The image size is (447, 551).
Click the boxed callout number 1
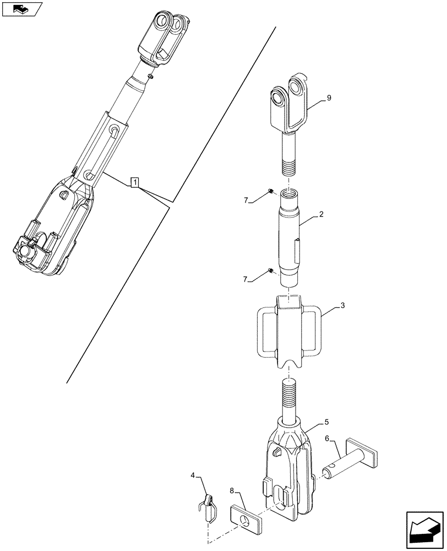(135, 182)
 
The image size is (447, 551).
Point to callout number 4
(193, 473)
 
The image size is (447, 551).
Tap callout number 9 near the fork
(329, 98)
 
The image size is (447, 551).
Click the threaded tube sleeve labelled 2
(291, 237)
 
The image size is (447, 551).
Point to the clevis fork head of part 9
(291, 105)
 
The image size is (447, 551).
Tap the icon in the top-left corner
(23, 9)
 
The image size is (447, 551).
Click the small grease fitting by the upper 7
(271, 191)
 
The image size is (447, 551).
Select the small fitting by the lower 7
(271, 270)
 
